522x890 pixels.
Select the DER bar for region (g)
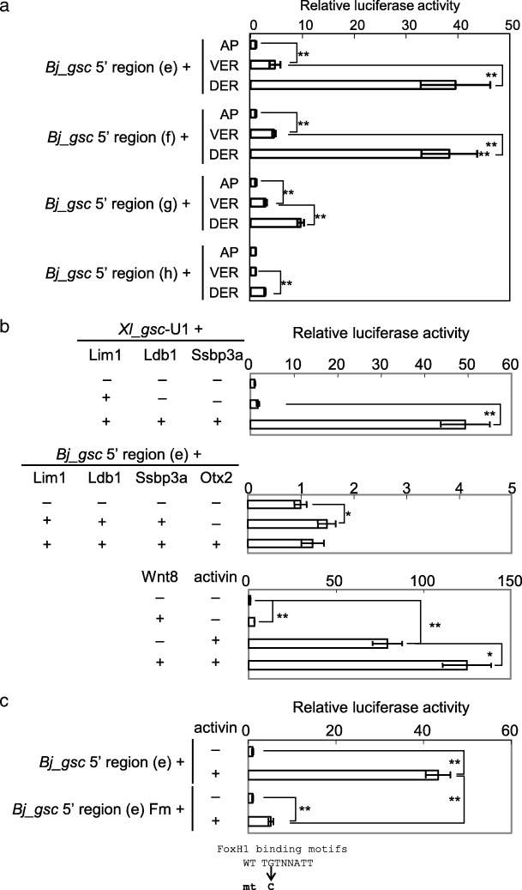(x=275, y=223)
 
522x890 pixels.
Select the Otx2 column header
(x=214, y=479)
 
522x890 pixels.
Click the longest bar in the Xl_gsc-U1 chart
(x=357, y=425)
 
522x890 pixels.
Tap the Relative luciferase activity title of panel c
(x=381, y=707)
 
